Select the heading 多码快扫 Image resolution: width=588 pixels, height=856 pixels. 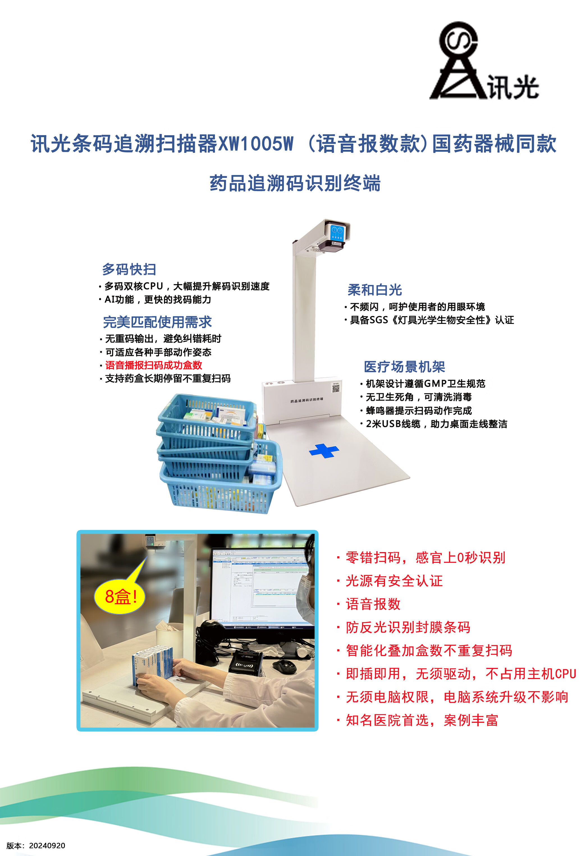[x=129, y=269]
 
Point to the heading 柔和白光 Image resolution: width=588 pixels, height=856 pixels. [x=374, y=290]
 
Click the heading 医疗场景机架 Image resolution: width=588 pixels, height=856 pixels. [x=404, y=366]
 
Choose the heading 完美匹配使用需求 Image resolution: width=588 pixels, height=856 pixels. [x=157, y=322]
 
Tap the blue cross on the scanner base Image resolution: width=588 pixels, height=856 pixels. [x=324, y=451]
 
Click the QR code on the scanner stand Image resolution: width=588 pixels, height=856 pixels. [x=336, y=388]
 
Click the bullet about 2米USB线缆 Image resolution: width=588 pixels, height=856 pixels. [x=436, y=424]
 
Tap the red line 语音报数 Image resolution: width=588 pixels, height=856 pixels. [x=373, y=604]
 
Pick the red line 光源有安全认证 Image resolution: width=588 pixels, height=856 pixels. [x=394, y=581]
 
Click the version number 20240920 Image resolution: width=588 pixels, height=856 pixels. [x=47, y=845]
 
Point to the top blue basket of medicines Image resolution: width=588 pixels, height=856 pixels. [x=207, y=416]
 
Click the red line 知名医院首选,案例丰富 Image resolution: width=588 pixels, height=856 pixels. [x=422, y=720]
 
